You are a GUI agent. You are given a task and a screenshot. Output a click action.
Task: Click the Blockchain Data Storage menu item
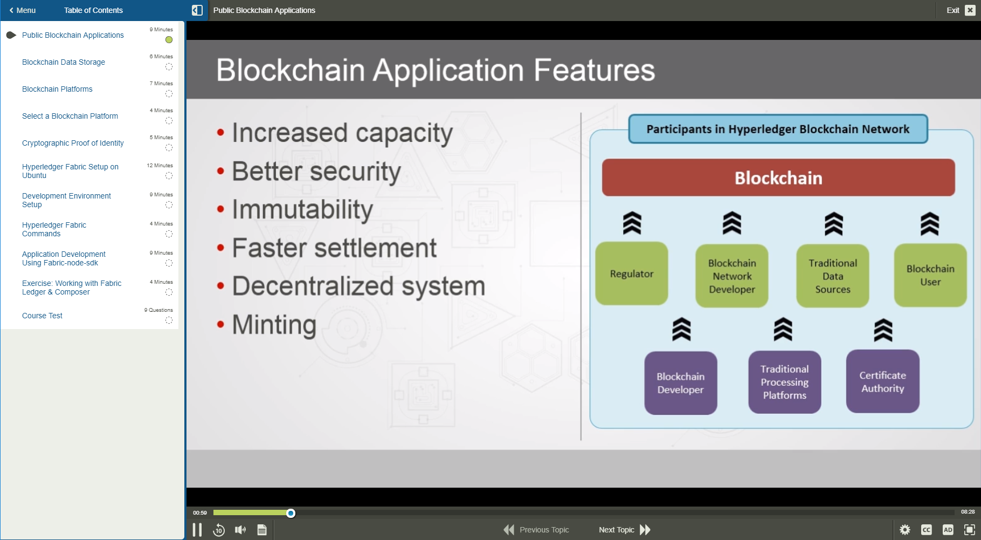coord(64,62)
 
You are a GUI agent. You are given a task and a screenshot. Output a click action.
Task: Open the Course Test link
coord(42,316)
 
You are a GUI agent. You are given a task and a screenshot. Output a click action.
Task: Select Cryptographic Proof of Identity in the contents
coord(73,143)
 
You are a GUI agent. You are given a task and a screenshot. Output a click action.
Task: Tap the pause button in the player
coord(197,530)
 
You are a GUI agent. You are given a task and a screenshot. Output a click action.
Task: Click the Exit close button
coord(970,10)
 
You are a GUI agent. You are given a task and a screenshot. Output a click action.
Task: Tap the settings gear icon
coord(905,530)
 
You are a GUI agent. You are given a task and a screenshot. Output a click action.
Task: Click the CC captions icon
coord(927,530)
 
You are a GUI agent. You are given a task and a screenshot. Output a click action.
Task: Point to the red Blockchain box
coord(778,177)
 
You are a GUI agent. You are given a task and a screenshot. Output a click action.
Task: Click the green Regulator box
coord(632,274)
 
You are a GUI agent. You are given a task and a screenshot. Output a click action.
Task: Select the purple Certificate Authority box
coord(882,381)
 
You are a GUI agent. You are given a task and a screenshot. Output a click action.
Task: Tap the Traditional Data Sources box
coord(833,276)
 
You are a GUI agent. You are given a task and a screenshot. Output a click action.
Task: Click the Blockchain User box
coord(930,275)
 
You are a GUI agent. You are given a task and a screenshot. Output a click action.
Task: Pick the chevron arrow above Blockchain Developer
coord(681,329)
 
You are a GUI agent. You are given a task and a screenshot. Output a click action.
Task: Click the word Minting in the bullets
coord(274,325)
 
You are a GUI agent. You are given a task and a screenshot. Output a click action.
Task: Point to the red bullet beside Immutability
coord(220,209)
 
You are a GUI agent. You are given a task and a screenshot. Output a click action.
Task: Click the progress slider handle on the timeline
coord(291,513)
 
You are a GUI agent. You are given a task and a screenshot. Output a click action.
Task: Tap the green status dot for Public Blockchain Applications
coord(169,39)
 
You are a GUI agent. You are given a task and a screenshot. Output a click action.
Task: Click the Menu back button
coord(22,10)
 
